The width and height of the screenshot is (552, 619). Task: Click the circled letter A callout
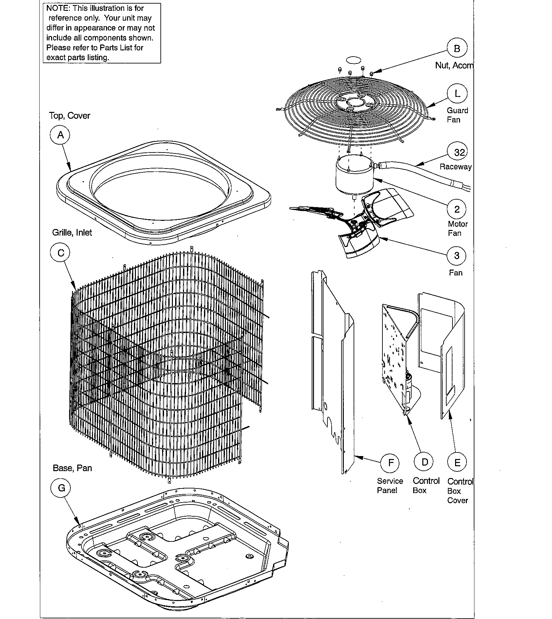point(60,135)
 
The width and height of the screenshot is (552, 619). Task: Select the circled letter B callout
point(457,48)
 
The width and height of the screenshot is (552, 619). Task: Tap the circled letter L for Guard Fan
point(457,94)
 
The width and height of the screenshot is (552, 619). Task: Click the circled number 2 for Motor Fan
point(457,209)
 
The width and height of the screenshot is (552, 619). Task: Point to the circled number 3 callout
point(457,256)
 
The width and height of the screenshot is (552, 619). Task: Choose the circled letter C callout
point(61,253)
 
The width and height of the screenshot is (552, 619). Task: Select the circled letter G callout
point(61,488)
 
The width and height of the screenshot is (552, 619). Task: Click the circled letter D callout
point(424,462)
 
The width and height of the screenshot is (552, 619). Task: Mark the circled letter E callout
point(457,462)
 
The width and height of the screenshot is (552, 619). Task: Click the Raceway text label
point(455,167)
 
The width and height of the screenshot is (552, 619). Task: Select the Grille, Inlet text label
point(72,233)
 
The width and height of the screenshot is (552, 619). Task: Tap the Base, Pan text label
point(72,468)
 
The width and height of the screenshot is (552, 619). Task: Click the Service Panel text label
point(390,486)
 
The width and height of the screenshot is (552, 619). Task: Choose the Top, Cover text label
point(69,116)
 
